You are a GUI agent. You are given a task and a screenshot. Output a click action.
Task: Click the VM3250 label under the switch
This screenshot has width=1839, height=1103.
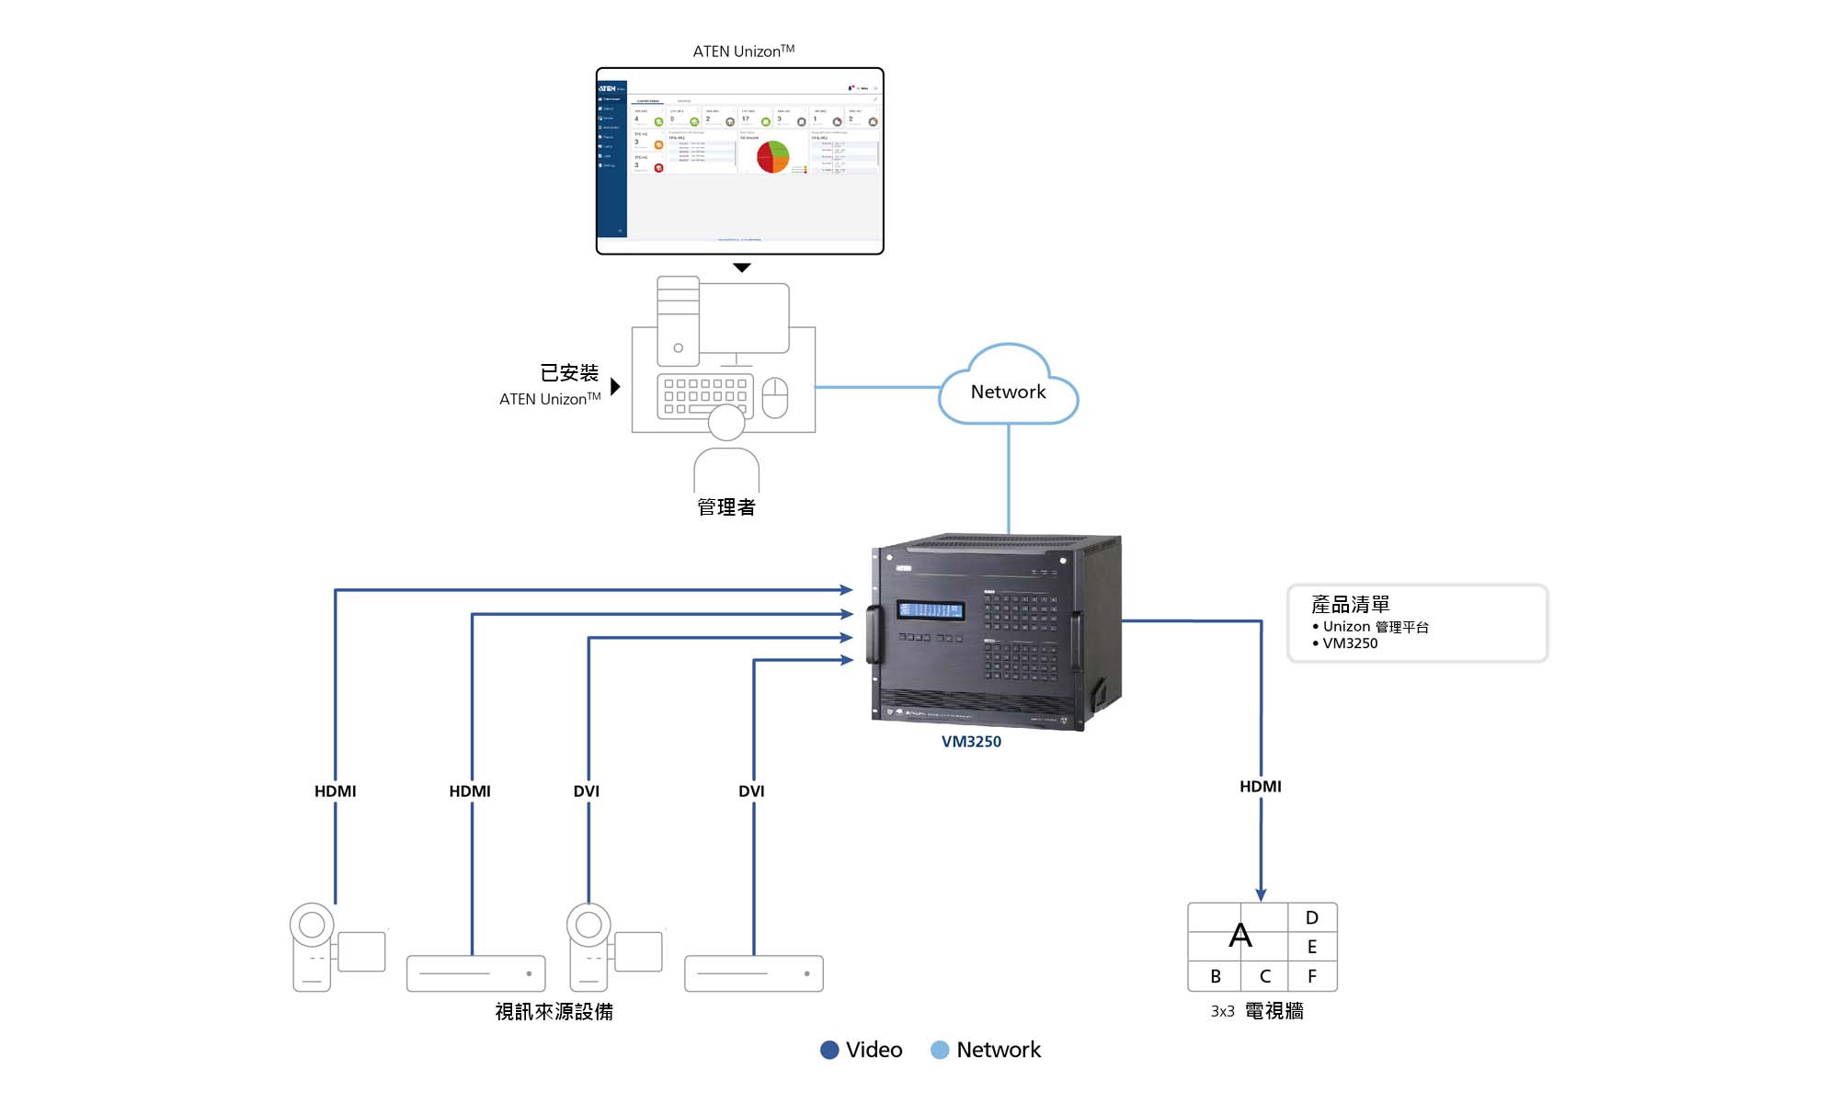click(x=971, y=742)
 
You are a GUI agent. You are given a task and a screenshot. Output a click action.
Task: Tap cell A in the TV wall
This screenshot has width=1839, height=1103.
click(x=1239, y=935)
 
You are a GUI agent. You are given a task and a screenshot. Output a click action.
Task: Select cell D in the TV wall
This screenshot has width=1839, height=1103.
click(x=1312, y=917)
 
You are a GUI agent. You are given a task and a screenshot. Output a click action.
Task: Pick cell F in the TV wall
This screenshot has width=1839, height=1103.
click(x=1312, y=976)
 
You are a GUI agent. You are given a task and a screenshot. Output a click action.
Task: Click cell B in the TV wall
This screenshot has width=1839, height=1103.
click(x=1215, y=976)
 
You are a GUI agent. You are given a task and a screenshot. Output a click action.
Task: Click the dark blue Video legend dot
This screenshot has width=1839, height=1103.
click(x=829, y=1050)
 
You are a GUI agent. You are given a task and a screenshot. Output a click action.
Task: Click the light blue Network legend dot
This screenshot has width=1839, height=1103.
click(x=939, y=1050)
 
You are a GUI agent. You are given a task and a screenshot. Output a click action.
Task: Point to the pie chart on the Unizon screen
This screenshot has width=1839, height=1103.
click(x=772, y=157)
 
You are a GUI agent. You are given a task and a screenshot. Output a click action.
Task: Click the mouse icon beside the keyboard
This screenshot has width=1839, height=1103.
click(x=775, y=397)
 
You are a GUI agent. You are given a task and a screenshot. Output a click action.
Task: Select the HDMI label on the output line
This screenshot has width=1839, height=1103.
click(x=1260, y=787)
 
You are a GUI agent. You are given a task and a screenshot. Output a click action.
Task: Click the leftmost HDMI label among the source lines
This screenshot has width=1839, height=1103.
click(x=335, y=791)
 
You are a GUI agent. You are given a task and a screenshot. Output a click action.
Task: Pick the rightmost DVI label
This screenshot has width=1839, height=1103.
click(x=751, y=791)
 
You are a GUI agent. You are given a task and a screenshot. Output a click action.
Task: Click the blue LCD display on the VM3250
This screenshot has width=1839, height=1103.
click(x=931, y=610)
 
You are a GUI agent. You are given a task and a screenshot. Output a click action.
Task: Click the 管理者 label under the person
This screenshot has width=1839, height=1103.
click(x=725, y=507)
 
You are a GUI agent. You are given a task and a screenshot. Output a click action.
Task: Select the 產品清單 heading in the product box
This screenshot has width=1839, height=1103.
click(x=1350, y=605)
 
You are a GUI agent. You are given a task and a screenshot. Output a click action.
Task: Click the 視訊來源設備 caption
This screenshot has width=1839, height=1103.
click(x=554, y=1012)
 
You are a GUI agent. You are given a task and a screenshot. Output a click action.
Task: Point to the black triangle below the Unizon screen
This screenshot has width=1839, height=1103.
click(x=742, y=267)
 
